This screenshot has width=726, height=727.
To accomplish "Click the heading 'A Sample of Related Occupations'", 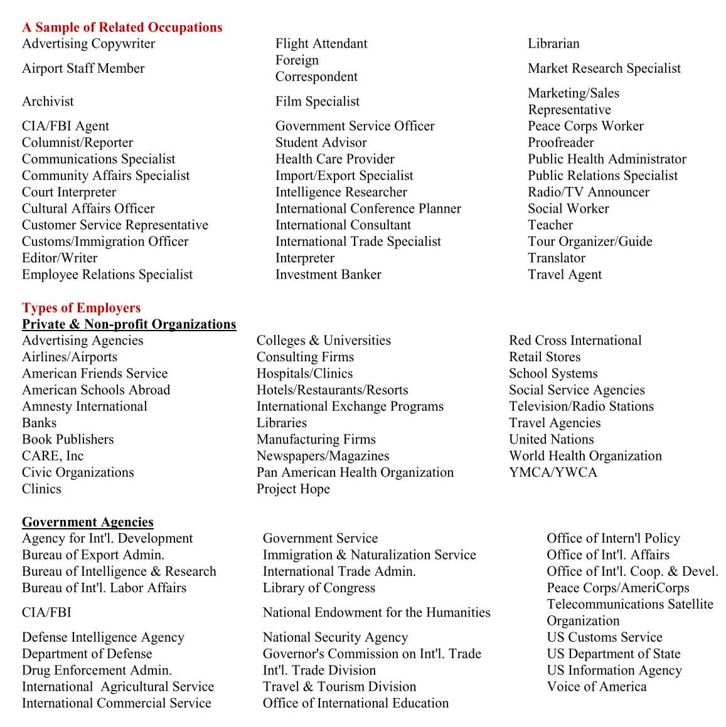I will (x=122, y=28).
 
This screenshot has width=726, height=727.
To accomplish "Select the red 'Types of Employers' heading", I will (x=81, y=308).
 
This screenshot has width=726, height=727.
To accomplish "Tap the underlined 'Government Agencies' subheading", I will (x=87, y=523).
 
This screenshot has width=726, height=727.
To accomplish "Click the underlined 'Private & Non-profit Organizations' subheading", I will (x=129, y=324).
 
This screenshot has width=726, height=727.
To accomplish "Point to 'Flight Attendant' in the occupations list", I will (x=321, y=44).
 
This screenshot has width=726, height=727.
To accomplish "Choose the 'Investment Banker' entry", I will (x=328, y=275).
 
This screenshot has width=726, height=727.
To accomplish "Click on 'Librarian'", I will (x=553, y=44).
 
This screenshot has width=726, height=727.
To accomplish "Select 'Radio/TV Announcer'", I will (x=589, y=193).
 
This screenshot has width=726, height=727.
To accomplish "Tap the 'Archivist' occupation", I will (x=48, y=102).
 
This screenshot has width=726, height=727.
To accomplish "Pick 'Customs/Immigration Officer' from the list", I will (x=105, y=241).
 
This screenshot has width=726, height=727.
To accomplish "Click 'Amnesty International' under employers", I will (x=85, y=406).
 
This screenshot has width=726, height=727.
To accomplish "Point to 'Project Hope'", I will (x=293, y=489).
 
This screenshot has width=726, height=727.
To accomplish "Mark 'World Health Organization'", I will (x=585, y=456).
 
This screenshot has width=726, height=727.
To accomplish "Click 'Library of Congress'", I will (x=319, y=588).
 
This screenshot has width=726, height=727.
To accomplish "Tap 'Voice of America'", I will (x=596, y=687).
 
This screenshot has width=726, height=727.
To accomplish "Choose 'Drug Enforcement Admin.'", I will (x=97, y=671).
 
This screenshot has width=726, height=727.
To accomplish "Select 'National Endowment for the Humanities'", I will (x=376, y=613).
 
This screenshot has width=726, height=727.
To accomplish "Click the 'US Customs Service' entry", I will (x=604, y=637).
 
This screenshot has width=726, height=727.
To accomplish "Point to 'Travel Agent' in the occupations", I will (x=565, y=275).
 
